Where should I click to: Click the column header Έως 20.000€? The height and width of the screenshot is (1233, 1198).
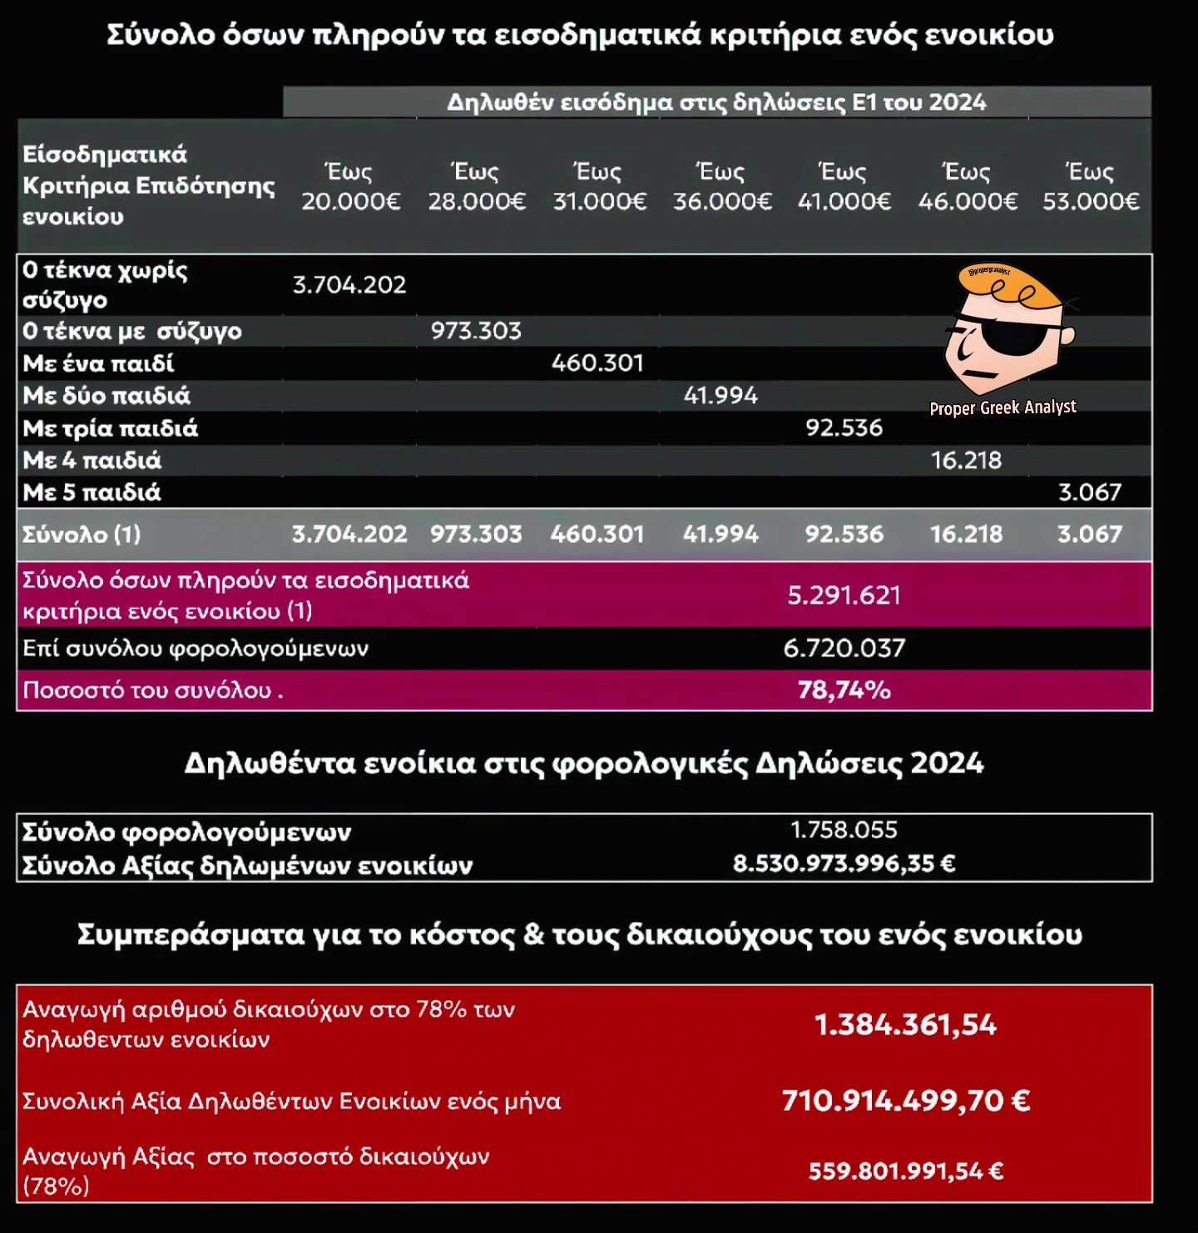coord(350,187)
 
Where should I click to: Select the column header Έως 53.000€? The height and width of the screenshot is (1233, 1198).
coord(1091,187)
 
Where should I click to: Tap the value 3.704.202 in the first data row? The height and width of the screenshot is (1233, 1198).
coord(349,285)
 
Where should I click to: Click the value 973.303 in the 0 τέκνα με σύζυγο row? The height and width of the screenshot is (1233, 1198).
coord(476,331)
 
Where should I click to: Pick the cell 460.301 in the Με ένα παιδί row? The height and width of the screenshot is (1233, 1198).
coord(597,363)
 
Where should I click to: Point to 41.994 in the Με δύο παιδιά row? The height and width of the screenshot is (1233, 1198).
coord(720,396)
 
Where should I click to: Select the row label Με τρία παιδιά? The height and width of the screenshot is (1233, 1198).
coord(111,428)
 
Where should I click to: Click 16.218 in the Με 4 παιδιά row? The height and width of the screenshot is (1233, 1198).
coord(966,461)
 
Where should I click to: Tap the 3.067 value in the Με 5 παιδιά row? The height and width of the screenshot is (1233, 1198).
coord(1090,492)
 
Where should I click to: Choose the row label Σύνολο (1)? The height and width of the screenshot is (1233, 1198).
coord(82,534)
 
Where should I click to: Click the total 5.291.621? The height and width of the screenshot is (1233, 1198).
coord(844,595)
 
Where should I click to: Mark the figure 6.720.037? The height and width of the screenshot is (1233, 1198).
coord(844,648)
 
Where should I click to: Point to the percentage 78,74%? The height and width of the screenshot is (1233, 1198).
coord(844,690)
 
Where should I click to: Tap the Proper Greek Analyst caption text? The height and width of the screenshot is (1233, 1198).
coord(1002,407)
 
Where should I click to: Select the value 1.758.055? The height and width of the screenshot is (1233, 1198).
coord(844,830)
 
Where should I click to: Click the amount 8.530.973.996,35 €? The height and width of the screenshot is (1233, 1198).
coord(844,864)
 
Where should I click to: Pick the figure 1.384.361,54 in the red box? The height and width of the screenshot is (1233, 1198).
coord(905,1025)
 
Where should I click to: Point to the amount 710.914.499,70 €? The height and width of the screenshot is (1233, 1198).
coord(905,1101)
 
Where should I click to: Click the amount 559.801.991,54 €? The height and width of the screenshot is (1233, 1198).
coord(905,1171)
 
